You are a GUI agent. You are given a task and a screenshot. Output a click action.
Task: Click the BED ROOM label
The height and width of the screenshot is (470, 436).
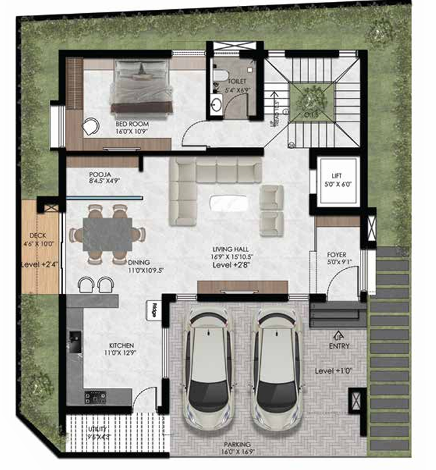click(x=132, y=123)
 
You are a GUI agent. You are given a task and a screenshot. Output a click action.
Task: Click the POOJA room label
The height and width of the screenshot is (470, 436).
click(x=101, y=175)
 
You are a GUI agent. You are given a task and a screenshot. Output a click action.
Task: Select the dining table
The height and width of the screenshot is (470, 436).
click(x=107, y=232)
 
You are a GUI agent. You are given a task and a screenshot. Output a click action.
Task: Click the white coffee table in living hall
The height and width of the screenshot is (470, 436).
click(x=228, y=203)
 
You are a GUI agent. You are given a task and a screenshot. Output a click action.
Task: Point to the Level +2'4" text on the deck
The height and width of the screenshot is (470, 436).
click(x=40, y=265)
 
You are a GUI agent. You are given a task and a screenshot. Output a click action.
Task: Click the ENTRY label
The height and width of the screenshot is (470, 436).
click(x=339, y=346)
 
